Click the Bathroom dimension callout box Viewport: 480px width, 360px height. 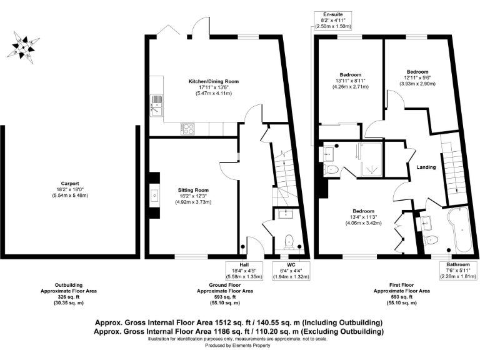456,271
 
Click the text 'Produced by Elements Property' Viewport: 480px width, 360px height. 240,346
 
